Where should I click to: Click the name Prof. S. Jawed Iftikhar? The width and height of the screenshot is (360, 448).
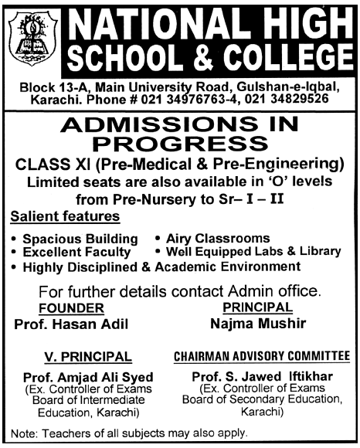click(x=261, y=375)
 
